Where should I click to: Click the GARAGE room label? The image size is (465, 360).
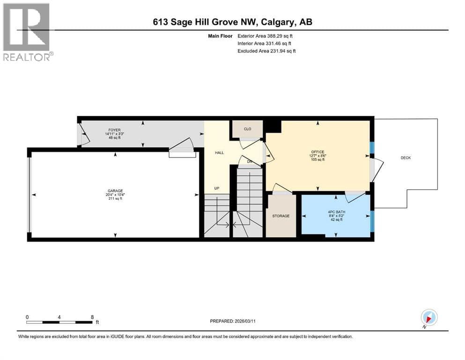115,191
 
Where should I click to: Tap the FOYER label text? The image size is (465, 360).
114,130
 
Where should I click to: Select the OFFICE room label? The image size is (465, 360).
317,152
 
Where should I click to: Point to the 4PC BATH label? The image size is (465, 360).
336,212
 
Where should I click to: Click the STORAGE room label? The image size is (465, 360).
281,216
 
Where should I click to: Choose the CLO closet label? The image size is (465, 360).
247,129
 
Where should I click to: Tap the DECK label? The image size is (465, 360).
406,158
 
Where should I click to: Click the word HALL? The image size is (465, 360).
220,152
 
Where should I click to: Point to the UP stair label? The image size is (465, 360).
217,188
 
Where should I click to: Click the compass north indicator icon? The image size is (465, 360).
429,318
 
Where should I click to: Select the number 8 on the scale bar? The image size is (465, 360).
92,317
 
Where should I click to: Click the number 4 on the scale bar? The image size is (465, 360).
59,317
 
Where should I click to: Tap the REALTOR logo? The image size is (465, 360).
27,32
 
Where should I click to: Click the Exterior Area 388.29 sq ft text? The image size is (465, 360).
265,36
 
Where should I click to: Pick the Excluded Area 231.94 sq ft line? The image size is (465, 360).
266,51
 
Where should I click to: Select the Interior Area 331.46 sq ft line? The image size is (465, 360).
264,43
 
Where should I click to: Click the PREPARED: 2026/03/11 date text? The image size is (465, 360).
232,321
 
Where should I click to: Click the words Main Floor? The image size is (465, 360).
220,36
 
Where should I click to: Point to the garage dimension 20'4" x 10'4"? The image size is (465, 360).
115,195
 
